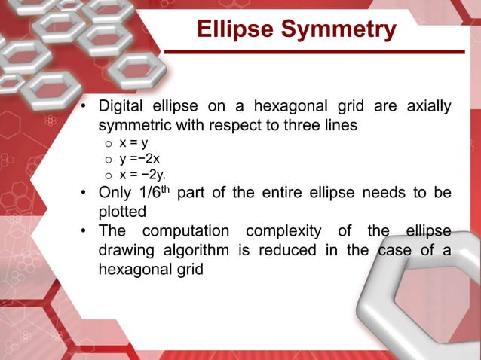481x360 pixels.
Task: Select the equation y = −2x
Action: pos(139,159)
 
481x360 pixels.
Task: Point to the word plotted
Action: pos(122,212)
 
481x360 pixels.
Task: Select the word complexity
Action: pos(289,231)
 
